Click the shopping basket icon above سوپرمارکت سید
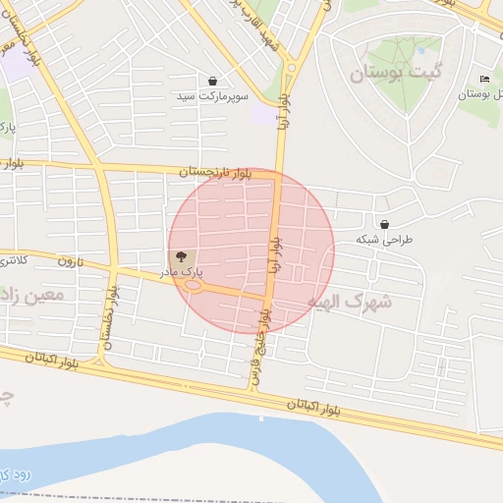[213, 81]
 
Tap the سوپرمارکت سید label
[213, 97]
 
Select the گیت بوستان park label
[398, 72]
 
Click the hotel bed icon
[483, 79]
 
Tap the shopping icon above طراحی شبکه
[382, 224]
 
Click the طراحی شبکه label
[385, 240]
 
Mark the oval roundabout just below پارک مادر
[195, 287]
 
